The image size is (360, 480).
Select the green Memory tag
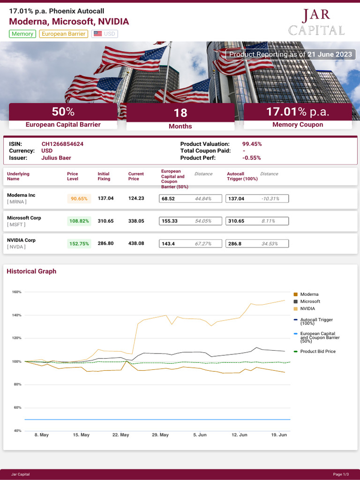coord(22,34)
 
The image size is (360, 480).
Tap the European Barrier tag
coord(63,34)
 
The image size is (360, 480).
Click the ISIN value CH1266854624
coord(62,144)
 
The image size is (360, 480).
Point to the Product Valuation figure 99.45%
coord(252,144)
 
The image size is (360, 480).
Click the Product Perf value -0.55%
coord(251,158)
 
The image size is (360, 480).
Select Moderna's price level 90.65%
coord(79,199)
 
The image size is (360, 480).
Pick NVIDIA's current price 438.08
coord(136,243)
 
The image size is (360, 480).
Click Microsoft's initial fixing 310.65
coord(105,221)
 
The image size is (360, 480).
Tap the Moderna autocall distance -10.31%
coord(270,199)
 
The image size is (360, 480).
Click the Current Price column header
coord(135,176)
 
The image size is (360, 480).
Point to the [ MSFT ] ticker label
coord(17,225)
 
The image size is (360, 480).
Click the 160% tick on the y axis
coord(16,292)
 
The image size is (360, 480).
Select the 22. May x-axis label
coord(120,435)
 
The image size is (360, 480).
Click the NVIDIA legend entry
coord(307,308)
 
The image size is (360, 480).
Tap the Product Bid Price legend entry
coord(317,351)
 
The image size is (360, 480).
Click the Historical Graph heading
coord(31,271)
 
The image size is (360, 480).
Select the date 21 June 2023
coord(330,54)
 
